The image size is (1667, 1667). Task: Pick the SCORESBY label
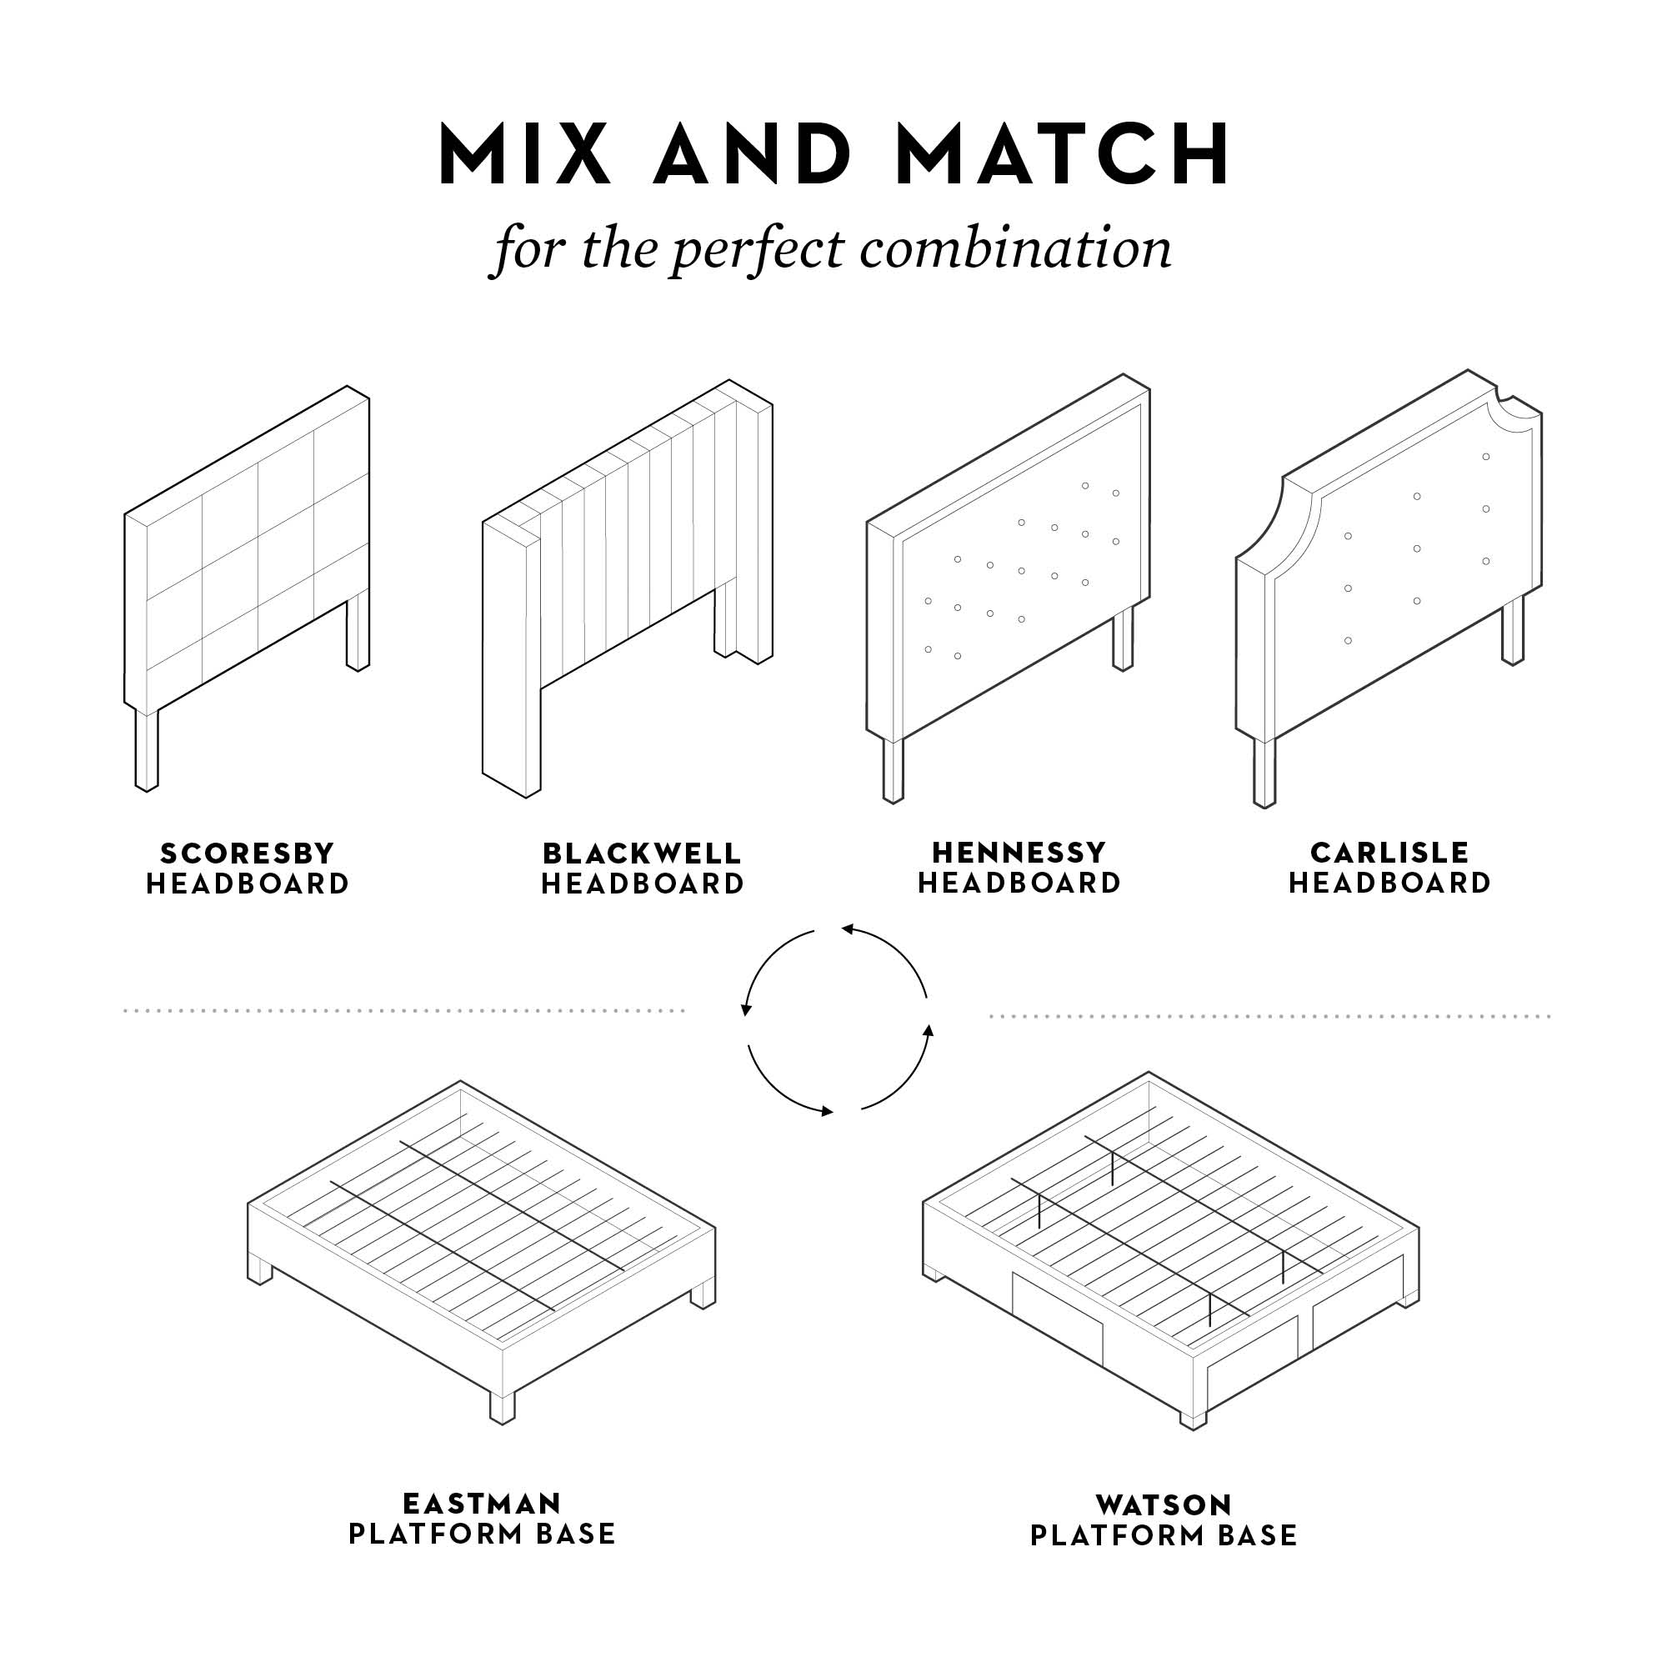(248, 854)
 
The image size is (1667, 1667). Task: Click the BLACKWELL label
(642, 854)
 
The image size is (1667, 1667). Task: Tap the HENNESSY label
(1019, 853)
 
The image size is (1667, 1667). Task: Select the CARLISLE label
(1389, 853)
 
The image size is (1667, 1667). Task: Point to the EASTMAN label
(482, 1504)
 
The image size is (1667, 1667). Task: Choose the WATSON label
(1163, 1504)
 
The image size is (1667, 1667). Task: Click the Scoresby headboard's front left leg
(147, 749)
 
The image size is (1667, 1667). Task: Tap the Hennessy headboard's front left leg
(893, 769)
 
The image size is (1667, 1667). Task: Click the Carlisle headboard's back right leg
(1513, 630)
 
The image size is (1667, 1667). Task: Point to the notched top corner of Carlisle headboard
(1516, 406)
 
